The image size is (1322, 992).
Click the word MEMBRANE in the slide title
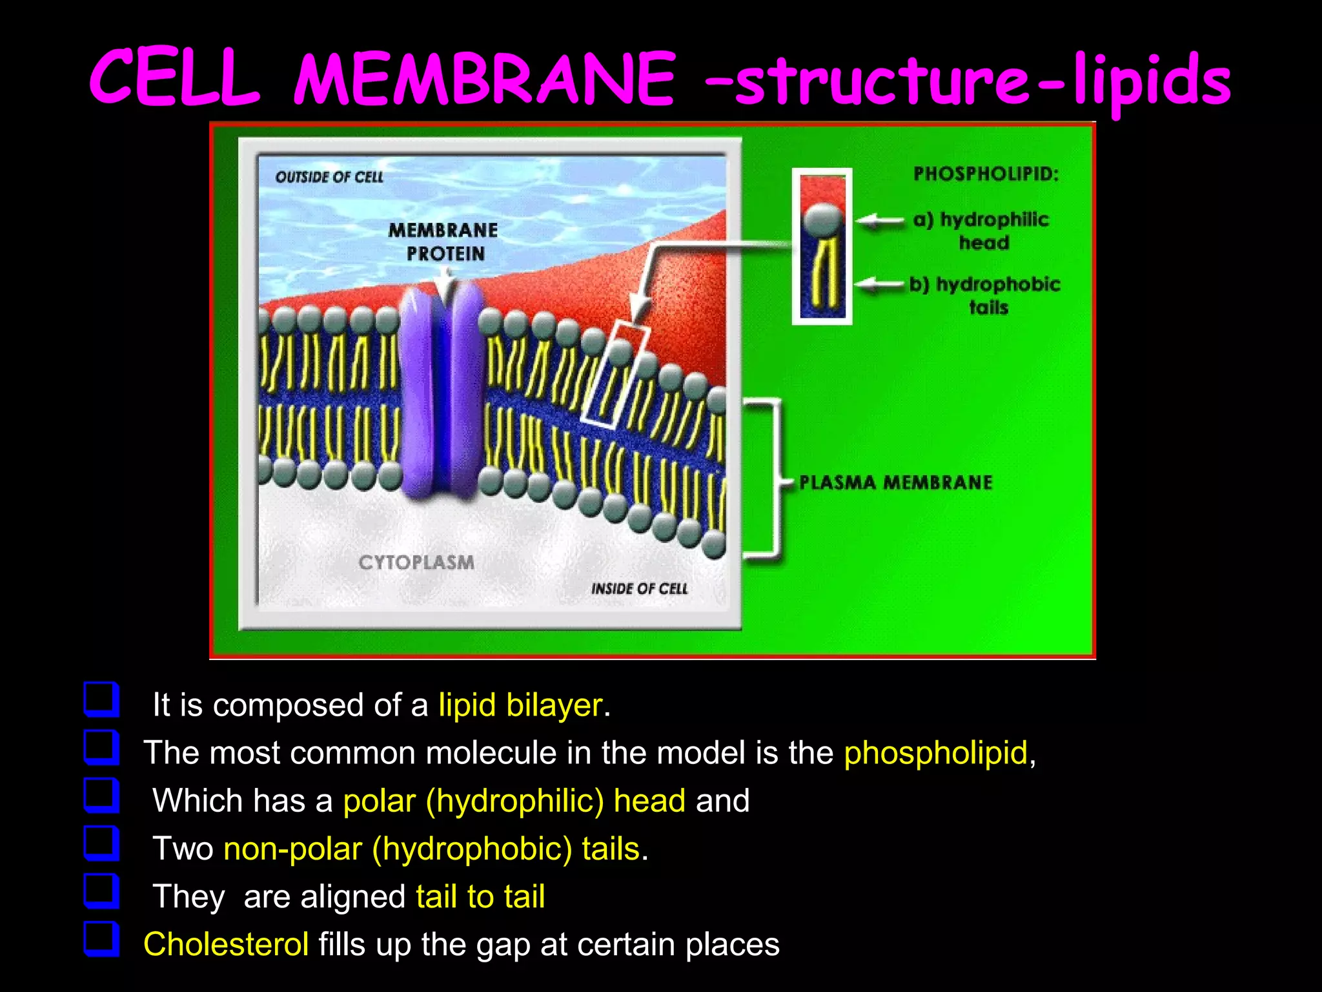[x=484, y=81]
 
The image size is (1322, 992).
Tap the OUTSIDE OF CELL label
[x=329, y=177]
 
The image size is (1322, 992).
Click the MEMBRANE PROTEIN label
[x=443, y=242]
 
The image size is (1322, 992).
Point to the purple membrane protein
[x=442, y=394]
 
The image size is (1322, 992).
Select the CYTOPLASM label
[x=416, y=562]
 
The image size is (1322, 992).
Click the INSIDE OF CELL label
[x=639, y=588]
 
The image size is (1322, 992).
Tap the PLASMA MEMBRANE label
[x=895, y=482]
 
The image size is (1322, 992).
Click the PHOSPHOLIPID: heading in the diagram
[x=986, y=174]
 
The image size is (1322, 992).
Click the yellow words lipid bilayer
[x=520, y=705]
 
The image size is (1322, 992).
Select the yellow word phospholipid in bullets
[x=935, y=753]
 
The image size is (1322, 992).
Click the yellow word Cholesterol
[x=226, y=944]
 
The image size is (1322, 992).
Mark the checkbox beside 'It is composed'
[x=101, y=700]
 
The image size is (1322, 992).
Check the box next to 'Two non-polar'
[x=101, y=843]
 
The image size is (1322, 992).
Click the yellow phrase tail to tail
[x=480, y=896]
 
